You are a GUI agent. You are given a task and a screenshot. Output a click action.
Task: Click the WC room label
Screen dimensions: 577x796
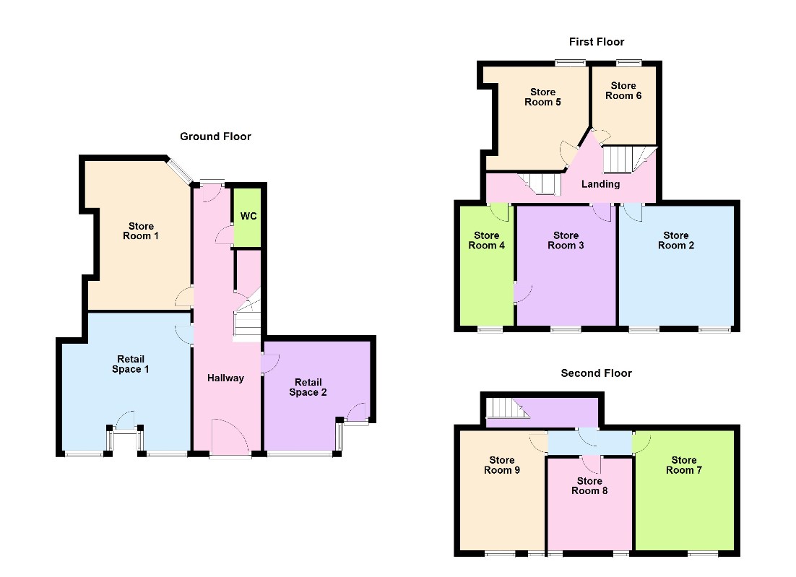point(248,216)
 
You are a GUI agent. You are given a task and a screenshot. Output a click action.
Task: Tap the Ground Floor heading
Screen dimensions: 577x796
point(215,136)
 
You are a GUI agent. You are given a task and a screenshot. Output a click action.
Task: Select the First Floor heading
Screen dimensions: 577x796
point(597,42)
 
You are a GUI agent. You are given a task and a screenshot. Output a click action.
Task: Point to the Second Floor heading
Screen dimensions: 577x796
point(597,373)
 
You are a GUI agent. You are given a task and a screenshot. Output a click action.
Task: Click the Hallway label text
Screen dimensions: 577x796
point(225,378)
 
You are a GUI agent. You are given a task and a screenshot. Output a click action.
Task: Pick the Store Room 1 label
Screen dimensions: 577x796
point(141,231)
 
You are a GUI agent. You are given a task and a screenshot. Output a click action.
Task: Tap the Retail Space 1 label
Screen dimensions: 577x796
point(131,364)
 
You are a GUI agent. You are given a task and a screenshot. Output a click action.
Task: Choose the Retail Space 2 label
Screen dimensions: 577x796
point(308,387)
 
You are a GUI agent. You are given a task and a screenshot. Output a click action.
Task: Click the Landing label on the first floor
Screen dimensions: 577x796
point(601,183)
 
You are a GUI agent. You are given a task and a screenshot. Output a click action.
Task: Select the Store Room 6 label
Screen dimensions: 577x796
point(623,91)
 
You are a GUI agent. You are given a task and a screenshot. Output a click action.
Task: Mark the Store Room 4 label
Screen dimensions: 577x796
point(487,240)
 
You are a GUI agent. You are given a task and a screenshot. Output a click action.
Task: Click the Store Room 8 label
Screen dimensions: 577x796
point(589,486)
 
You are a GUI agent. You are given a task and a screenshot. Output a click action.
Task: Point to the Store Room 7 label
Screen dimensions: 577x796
point(684,465)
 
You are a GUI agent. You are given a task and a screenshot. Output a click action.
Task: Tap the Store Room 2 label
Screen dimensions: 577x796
point(676,240)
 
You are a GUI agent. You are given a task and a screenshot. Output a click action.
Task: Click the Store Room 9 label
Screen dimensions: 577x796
point(502,465)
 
